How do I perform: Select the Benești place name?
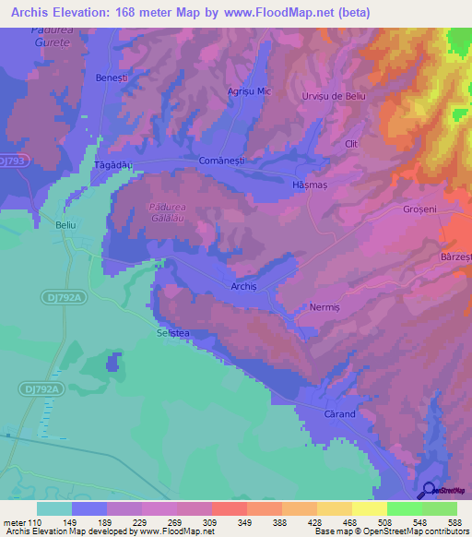click(x=112, y=78)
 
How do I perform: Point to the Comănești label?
click(x=219, y=161)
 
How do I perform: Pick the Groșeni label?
click(x=419, y=209)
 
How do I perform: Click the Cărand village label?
click(x=340, y=414)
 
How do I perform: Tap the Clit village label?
click(x=350, y=144)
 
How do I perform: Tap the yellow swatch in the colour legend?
click(x=370, y=508)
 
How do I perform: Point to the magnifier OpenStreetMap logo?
click(x=429, y=490)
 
